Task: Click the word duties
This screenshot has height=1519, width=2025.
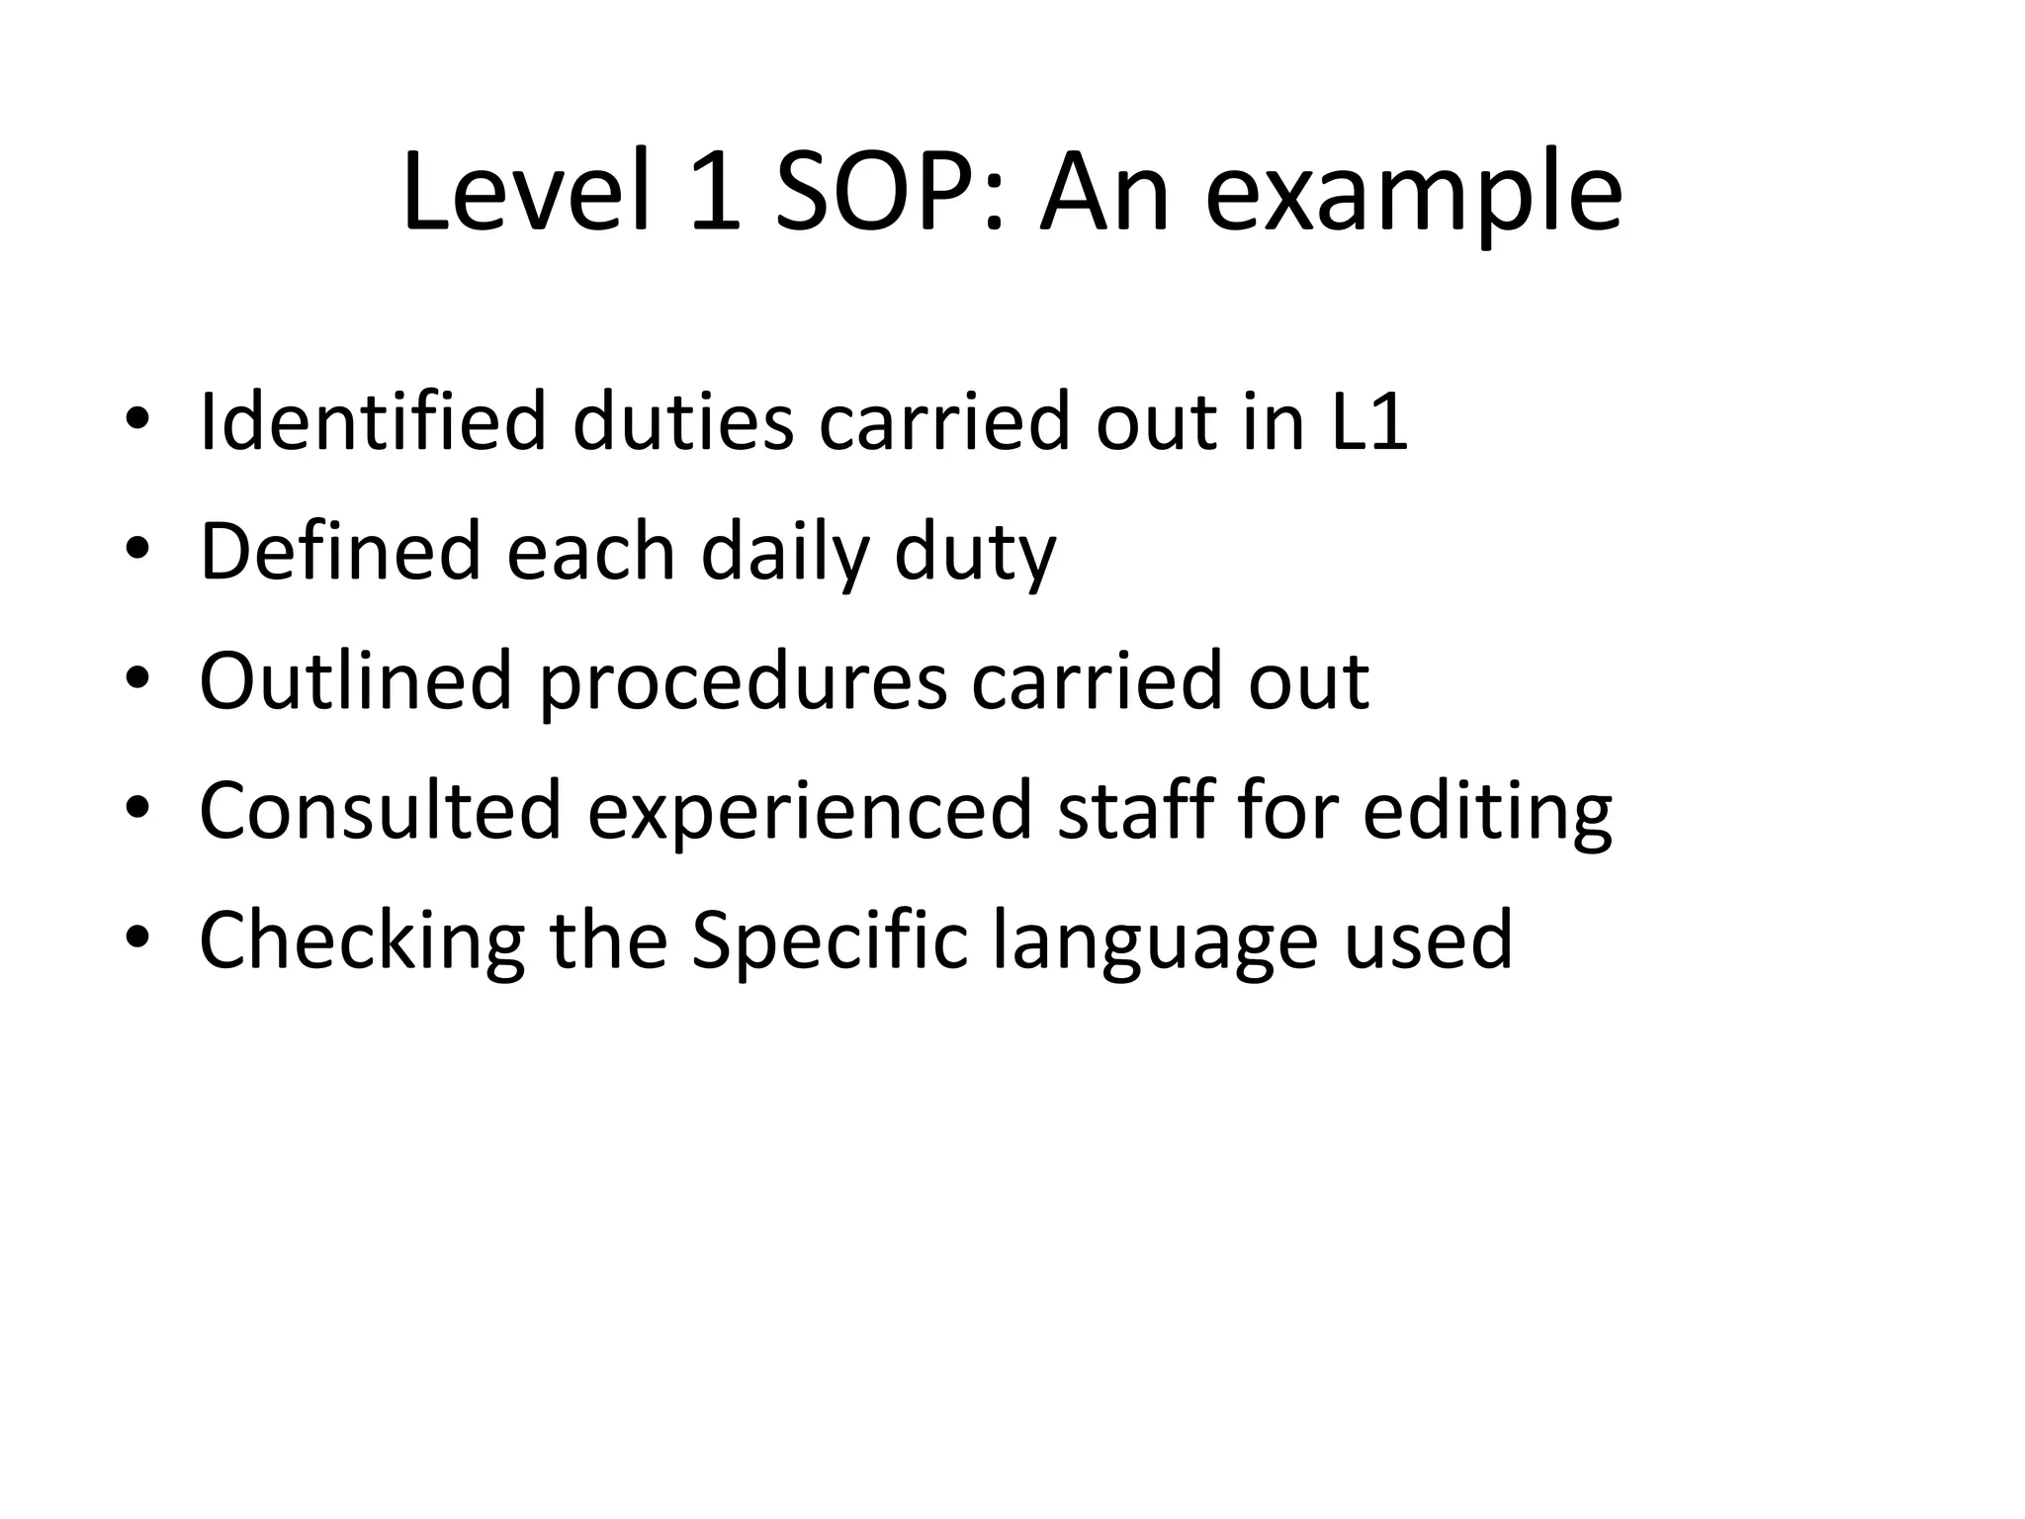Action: tap(683, 422)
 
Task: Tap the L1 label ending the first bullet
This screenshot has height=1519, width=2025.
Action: tap(1369, 422)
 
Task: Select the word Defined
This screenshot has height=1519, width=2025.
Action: tap(340, 551)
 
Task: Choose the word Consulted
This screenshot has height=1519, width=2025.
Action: tap(380, 810)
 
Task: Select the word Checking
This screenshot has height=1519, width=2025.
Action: tap(362, 941)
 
